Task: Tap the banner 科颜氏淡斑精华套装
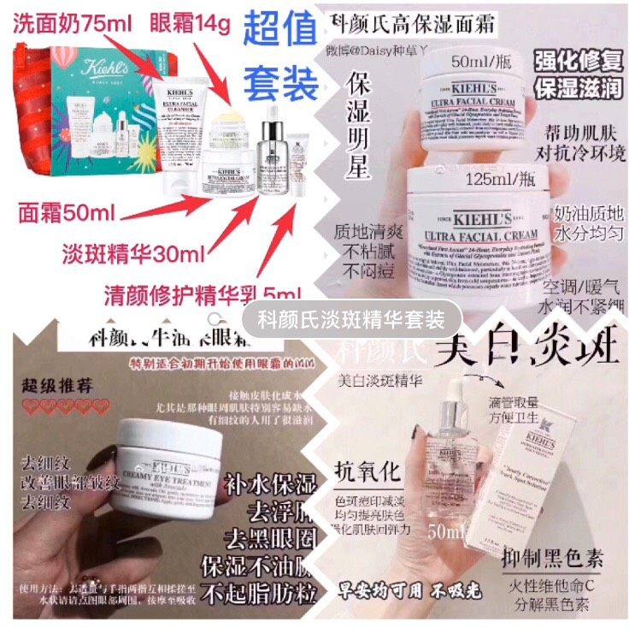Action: pyautogui.click(x=351, y=321)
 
